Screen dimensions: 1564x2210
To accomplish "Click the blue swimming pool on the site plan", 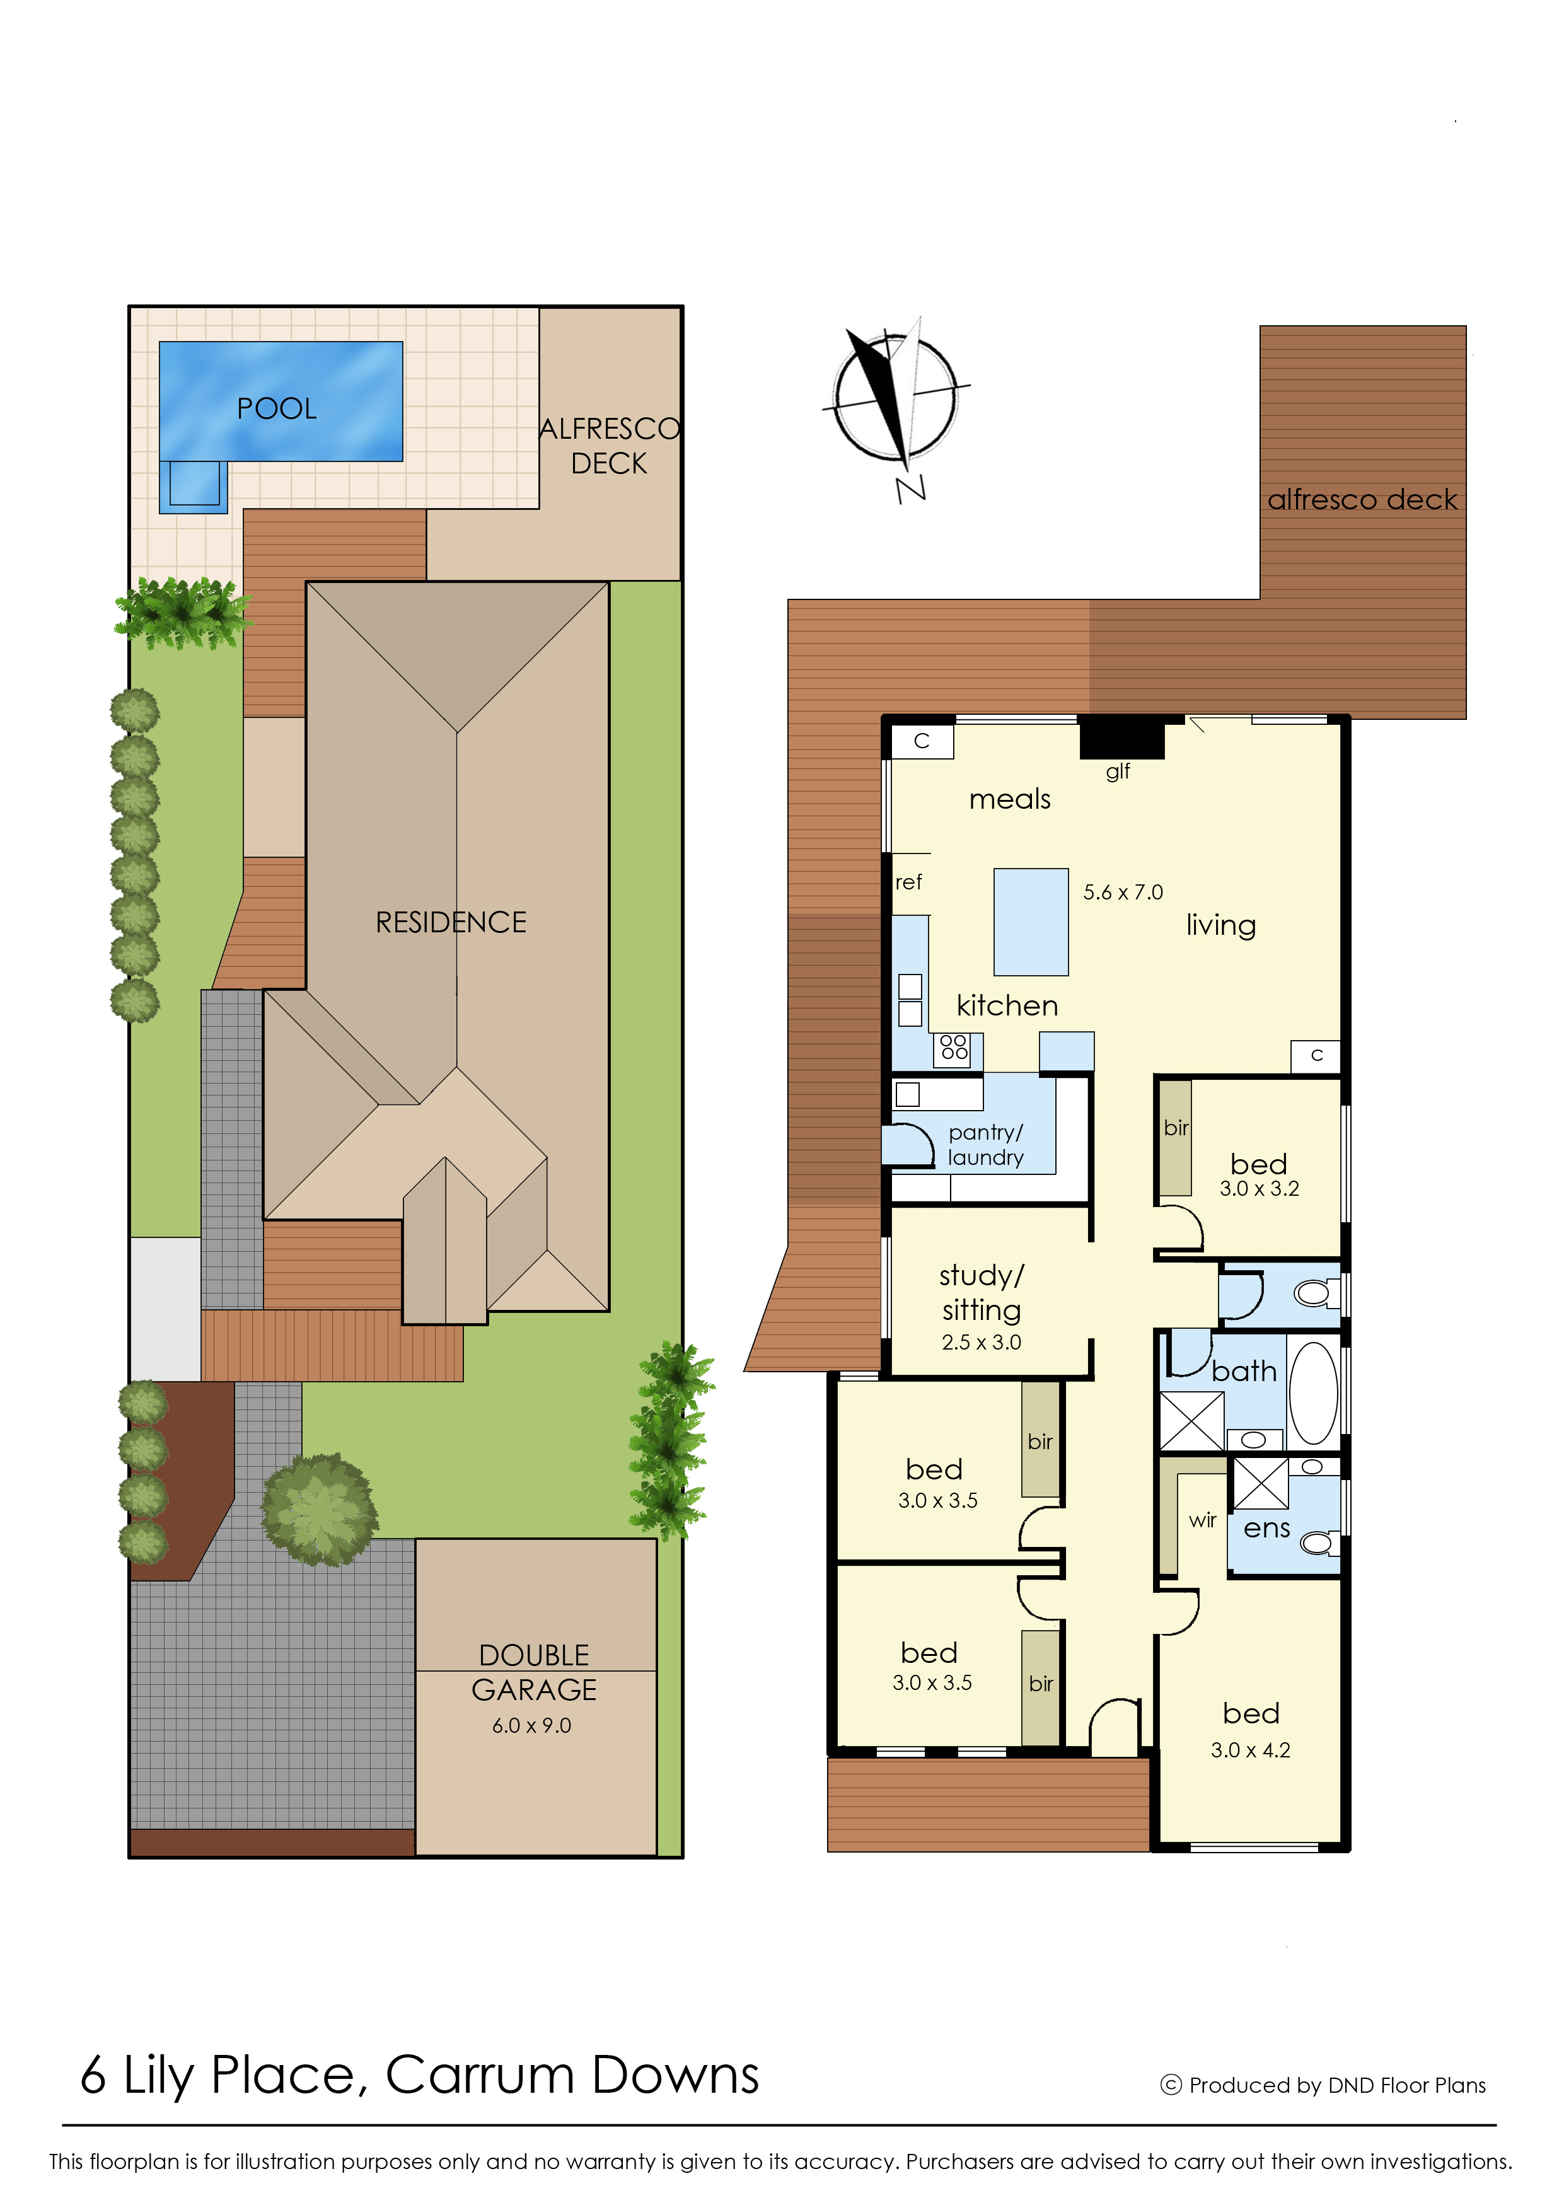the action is pyautogui.click(x=281, y=402).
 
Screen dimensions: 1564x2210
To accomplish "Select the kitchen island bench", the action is pyautogui.click(x=1031, y=922).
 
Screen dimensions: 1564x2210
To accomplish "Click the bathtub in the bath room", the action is pyautogui.click(x=1314, y=1392).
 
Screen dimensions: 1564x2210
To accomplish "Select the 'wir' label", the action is pyautogui.click(x=1203, y=1520).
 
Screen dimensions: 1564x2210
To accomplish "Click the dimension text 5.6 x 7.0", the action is pyautogui.click(x=1123, y=893).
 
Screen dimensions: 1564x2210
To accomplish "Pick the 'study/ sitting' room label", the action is pyautogui.click(x=982, y=1292).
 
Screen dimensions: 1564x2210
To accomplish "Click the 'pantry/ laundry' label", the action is pyautogui.click(x=985, y=1145).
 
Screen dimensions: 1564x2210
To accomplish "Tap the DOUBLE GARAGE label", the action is pyautogui.click(x=535, y=1673).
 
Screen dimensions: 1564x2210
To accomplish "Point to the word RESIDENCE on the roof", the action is pyautogui.click(x=451, y=923).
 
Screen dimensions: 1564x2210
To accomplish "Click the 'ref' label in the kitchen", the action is pyautogui.click(x=908, y=882).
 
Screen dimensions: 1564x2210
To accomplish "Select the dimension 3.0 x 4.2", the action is pyautogui.click(x=1250, y=1750).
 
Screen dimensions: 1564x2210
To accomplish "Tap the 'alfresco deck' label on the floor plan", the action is pyautogui.click(x=1362, y=500).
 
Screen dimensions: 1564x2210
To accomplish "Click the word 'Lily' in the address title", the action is pyautogui.click(x=158, y=2076).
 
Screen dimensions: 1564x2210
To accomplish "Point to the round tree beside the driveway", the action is pyautogui.click(x=320, y=1509).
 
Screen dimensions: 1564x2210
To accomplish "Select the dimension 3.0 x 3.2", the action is pyautogui.click(x=1259, y=1189).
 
